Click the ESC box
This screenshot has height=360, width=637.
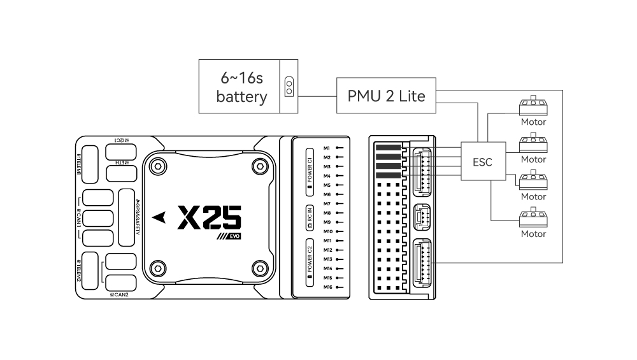[482, 162]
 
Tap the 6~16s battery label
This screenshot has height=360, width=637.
[241, 87]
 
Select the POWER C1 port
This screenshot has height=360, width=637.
[310, 169]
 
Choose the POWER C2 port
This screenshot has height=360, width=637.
[310, 263]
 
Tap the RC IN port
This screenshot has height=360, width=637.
[310, 217]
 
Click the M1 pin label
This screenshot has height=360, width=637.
[327, 148]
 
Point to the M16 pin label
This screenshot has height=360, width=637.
[327, 287]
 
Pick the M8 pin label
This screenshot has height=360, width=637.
[327, 213]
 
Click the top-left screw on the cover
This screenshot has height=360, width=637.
[156, 166]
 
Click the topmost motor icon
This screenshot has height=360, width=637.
[534, 104]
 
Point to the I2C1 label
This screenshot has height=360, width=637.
[121, 140]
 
